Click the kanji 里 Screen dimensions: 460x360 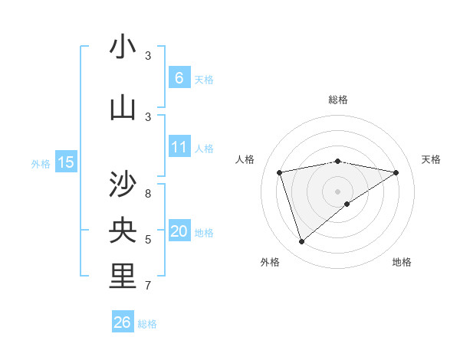tap(123, 277)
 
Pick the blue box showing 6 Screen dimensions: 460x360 tap(179, 77)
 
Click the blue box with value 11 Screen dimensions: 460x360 tap(179, 147)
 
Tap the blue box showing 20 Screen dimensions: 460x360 tap(179, 231)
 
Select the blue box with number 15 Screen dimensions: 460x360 tap(66, 162)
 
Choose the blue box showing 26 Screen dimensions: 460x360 tap(122, 322)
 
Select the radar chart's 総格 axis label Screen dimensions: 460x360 tap(337, 100)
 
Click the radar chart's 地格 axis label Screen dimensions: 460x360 tap(402, 262)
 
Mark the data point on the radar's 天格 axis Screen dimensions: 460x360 tap(396, 172)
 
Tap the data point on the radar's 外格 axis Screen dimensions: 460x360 tap(301, 242)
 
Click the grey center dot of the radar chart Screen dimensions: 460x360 tap(337, 191)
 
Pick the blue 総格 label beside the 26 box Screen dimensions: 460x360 tap(147, 324)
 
